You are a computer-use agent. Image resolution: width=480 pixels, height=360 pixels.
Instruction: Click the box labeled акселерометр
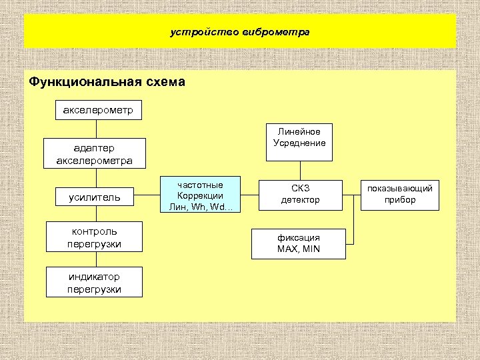point(97,109)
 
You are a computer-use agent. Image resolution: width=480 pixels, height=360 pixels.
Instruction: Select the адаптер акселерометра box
point(94,154)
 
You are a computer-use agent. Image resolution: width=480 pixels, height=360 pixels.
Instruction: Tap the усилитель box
point(94,197)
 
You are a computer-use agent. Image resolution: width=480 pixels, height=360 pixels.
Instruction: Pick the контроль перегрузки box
point(94,237)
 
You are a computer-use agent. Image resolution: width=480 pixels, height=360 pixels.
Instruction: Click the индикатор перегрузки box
point(94,282)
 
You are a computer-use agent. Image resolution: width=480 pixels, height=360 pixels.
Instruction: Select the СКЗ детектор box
point(299,194)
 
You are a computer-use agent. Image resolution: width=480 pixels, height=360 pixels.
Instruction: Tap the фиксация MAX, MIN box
point(298,243)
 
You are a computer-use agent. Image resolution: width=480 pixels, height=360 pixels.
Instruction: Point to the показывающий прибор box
point(400,194)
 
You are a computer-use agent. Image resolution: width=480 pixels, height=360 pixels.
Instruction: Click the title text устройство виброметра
point(240,31)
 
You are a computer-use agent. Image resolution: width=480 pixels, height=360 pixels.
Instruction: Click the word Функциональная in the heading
point(83,83)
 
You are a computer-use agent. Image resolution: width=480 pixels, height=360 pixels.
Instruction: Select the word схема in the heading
point(163,83)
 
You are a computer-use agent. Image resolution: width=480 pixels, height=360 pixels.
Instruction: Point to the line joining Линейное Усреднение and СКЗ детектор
point(299,170)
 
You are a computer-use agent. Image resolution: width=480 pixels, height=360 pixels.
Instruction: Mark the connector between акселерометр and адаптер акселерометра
point(97,128)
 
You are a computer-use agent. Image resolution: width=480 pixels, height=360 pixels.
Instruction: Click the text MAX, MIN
point(298,249)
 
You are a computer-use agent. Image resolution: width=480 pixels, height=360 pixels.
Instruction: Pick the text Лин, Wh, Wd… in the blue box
point(200,207)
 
